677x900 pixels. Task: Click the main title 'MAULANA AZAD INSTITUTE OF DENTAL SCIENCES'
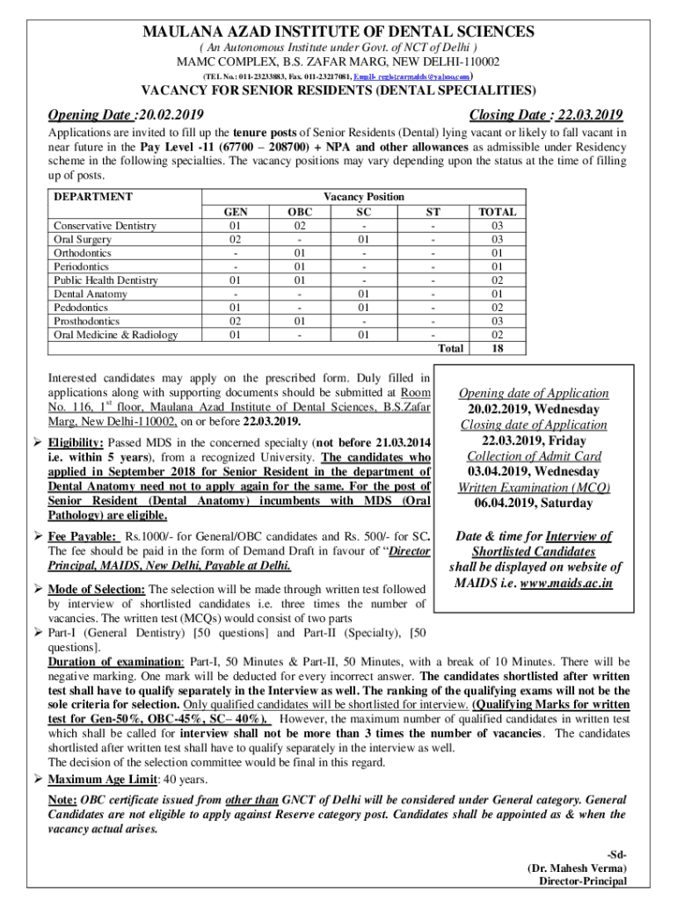[x=338, y=33]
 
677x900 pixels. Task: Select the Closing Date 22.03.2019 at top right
[x=546, y=115]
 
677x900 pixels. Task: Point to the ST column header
[x=433, y=212]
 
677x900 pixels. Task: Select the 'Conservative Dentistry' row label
[x=105, y=226]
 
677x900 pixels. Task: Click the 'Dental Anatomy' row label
[x=91, y=294]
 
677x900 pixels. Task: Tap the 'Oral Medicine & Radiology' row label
[x=115, y=334]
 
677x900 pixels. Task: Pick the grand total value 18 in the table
[x=497, y=348]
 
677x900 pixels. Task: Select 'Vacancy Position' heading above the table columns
[x=364, y=197]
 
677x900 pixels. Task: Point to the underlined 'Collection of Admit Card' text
[x=535, y=456]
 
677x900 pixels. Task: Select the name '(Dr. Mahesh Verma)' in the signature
[x=577, y=867]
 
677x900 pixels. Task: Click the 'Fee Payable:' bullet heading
[x=83, y=536]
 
